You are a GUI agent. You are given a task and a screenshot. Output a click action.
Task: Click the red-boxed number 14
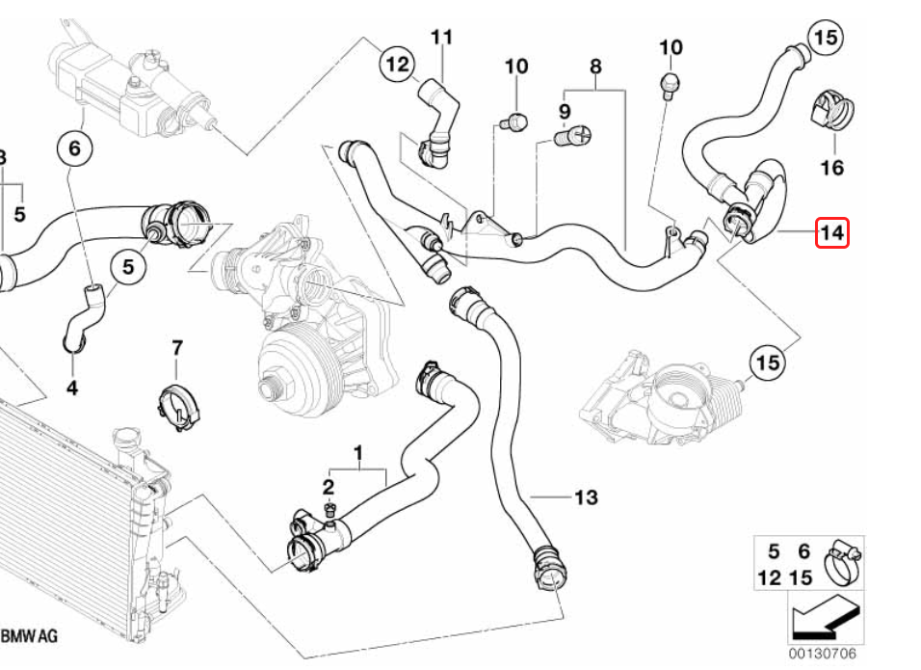(831, 232)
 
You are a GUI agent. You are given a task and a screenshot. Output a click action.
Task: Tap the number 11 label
(441, 37)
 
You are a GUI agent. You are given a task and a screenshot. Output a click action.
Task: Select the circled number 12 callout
(397, 65)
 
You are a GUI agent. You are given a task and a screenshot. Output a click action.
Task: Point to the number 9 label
(565, 112)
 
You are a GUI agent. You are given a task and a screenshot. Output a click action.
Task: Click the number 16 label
(831, 168)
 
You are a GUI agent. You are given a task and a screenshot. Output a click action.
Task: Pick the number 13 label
(586, 497)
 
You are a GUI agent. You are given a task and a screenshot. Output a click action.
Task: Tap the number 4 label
(72, 389)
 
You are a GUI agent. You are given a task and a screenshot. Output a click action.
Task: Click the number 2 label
(328, 486)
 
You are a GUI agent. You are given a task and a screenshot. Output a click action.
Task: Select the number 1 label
(358, 451)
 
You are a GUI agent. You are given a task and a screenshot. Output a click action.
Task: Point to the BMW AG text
(29, 636)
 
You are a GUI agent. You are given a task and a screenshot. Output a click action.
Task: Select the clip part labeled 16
(829, 111)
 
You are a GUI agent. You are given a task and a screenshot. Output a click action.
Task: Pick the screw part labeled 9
(574, 138)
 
